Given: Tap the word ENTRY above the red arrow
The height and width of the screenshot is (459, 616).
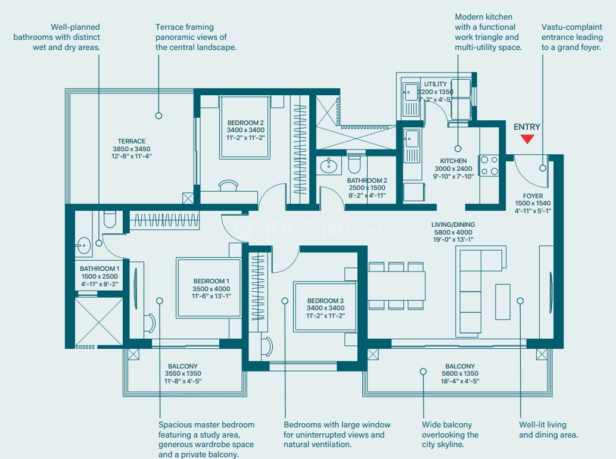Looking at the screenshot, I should tap(527, 127).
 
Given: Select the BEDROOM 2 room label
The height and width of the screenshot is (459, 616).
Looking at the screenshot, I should tap(245, 123).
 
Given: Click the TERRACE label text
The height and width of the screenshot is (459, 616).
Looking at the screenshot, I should tap(132, 142).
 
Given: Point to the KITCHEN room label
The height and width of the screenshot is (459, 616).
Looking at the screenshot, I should tap(453, 161).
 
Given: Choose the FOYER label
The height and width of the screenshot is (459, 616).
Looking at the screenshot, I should tap(533, 195).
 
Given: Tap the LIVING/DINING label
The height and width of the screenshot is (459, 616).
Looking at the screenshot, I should tap(453, 224).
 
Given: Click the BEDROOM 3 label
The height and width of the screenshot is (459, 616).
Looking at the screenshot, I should tap(326, 301).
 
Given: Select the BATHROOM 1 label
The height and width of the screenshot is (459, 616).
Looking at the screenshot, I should tap(99, 269).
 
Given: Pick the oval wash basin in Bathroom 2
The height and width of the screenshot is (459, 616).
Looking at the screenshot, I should tap(328, 166).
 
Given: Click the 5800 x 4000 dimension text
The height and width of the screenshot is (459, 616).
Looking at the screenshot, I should tap(453, 232).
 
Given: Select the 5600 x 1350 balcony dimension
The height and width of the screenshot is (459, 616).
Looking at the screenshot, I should tap(459, 374).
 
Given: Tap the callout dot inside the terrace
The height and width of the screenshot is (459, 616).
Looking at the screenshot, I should tap(159, 115).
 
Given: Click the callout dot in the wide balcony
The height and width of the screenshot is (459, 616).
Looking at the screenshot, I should tap(423, 371).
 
